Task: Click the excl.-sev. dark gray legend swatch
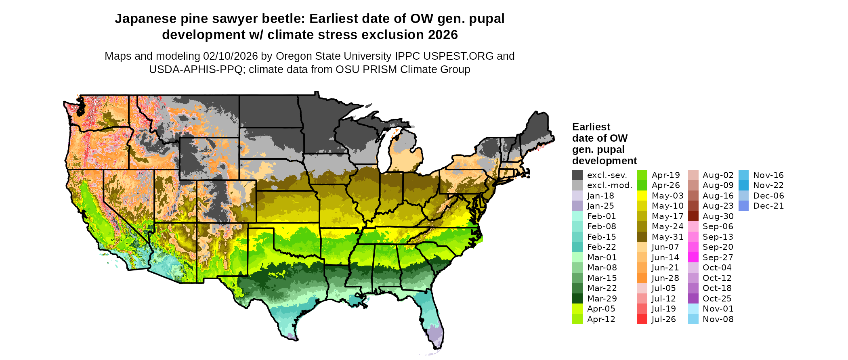[577, 175]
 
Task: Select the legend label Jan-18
[600, 196]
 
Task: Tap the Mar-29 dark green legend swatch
[577, 299]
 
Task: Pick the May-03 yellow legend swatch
[642, 196]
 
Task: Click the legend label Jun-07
[665, 247]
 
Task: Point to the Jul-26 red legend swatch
[642, 319]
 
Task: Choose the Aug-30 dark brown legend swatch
[693, 216]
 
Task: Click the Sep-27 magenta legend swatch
[693, 257]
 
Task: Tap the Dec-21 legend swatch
[743, 206]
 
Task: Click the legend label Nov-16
[768, 175]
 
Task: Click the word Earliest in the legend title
[591, 127]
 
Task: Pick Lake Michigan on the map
[384, 153]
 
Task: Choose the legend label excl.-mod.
[609, 185]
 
